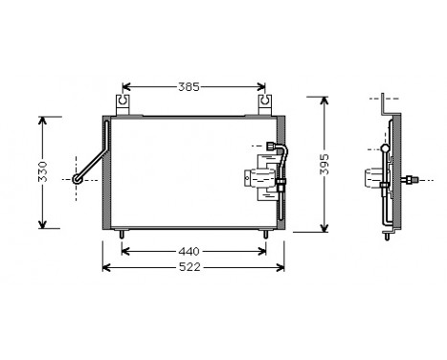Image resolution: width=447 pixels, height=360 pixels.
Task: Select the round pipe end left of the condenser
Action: [79, 178]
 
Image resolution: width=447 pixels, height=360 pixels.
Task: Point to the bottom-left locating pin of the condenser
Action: [123, 234]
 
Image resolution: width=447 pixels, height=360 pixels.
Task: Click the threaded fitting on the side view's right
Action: [412, 179]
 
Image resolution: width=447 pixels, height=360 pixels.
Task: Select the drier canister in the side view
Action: [373, 179]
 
